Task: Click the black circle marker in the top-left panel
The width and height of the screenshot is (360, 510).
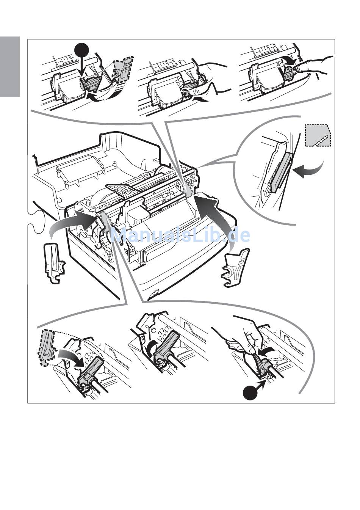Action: click(x=82, y=50)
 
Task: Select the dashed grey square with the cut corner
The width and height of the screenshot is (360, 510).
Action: click(x=318, y=135)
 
